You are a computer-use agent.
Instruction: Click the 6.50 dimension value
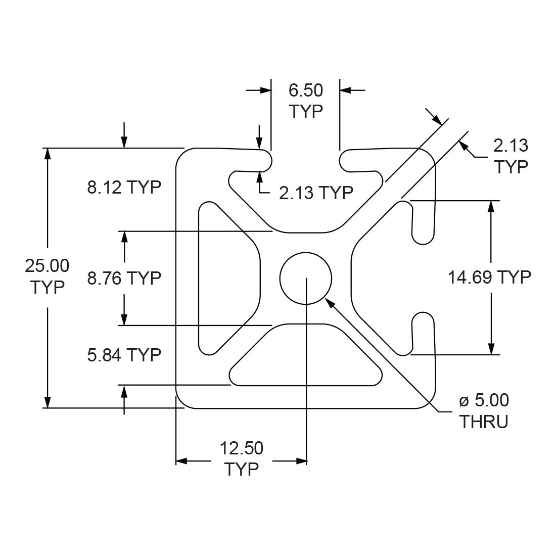[306, 91]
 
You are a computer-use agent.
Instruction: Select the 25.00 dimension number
[47, 265]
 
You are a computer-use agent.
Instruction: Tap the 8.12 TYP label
[124, 188]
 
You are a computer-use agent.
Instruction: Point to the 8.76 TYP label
[124, 277]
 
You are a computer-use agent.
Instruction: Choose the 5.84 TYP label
[124, 355]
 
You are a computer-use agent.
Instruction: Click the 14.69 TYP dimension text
[489, 277]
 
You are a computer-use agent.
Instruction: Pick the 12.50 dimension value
[242, 448]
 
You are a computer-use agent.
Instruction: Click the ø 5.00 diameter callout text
[484, 401]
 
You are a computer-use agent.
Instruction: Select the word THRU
[483, 422]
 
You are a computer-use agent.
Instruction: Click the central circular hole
[305, 277]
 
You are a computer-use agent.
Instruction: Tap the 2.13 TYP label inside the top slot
[316, 192]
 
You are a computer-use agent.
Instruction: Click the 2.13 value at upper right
[511, 146]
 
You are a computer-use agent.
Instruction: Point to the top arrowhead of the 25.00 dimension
[48, 155]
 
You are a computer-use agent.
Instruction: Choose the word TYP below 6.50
[306, 111]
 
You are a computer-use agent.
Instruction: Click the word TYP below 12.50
[242, 469]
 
